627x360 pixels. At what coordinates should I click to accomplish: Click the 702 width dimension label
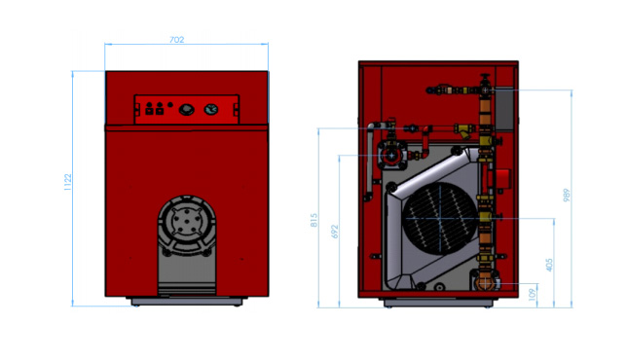[177, 40]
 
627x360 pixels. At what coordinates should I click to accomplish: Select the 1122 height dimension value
[67, 182]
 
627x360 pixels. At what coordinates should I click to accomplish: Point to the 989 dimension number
[567, 195]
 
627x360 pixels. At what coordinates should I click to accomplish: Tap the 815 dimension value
[313, 220]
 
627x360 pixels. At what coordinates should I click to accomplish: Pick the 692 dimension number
[335, 232]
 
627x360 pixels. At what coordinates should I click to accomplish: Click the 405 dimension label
[549, 265]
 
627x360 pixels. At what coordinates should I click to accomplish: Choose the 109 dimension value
[533, 295]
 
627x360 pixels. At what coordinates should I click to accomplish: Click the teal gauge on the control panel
[210, 109]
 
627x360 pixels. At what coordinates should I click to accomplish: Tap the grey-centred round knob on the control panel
[186, 109]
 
